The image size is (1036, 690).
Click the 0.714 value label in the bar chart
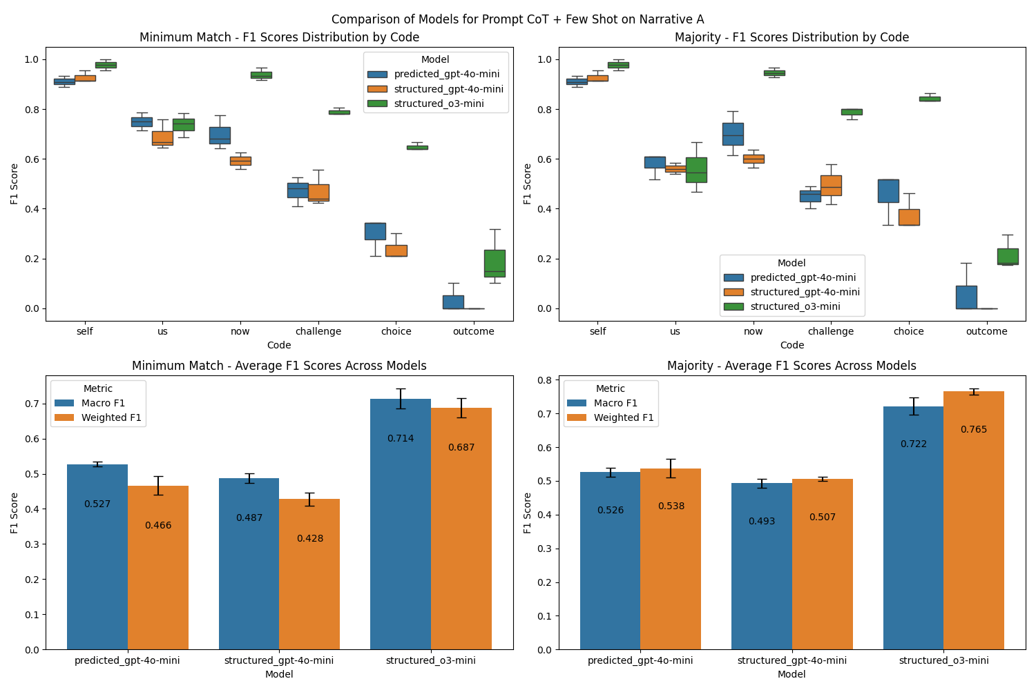pos(401,439)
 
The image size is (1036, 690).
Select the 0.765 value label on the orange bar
pos(974,430)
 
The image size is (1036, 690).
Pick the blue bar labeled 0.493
pos(762,566)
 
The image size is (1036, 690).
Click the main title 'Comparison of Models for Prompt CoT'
pos(517,19)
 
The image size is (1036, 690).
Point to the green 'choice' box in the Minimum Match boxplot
pos(417,147)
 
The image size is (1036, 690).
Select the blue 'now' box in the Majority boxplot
pos(733,134)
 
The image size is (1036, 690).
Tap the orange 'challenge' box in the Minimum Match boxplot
pos(318,193)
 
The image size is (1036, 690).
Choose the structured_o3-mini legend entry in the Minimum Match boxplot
pos(439,104)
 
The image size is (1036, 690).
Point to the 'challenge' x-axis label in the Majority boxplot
pos(831,331)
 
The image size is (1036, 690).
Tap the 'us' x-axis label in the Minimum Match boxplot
pos(162,331)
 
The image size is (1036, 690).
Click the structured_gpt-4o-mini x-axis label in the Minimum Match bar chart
pos(279,660)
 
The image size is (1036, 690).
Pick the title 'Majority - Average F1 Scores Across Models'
pos(792,366)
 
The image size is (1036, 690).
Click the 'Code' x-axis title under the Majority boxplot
pos(792,345)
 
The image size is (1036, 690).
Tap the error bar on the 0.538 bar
pos(671,469)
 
